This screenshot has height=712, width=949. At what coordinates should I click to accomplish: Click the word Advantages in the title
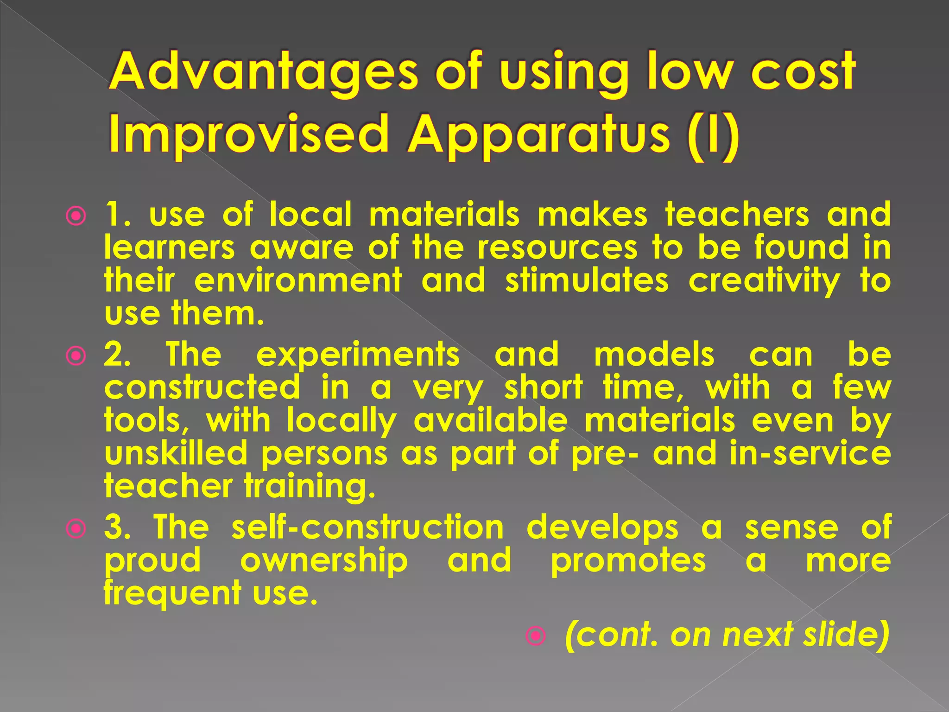(264, 73)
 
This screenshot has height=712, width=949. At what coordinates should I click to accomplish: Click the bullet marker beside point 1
(76, 216)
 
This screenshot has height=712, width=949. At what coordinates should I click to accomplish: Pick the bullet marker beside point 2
(76, 356)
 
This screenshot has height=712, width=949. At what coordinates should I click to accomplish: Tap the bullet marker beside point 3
(76, 528)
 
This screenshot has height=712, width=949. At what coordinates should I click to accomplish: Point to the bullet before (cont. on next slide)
(536, 636)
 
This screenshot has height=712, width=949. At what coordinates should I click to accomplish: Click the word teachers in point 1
(737, 215)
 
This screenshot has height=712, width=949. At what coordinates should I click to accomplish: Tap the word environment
(298, 281)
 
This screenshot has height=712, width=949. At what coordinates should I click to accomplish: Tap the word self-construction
(367, 527)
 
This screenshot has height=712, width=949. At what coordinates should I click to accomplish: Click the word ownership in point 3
(324, 561)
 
